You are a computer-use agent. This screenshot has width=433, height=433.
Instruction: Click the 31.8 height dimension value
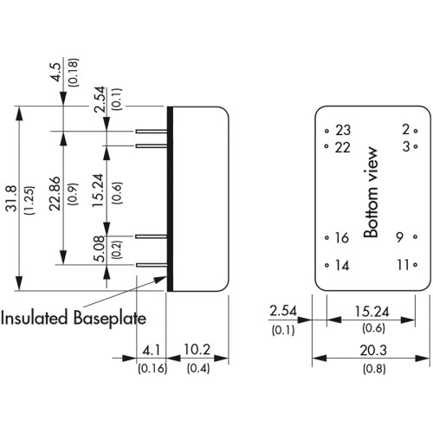(x=12, y=199)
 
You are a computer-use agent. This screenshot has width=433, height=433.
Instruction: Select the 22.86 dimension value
(x=55, y=194)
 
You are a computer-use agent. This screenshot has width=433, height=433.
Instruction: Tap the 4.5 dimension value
(x=55, y=73)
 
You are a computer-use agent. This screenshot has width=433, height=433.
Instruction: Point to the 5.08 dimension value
(x=100, y=249)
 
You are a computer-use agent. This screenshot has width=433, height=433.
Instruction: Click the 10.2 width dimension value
(x=197, y=350)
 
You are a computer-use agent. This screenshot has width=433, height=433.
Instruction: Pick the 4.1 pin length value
(x=152, y=351)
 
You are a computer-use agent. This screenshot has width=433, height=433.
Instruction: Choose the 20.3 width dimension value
(x=373, y=351)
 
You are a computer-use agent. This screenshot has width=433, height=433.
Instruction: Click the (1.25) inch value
(x=30, y=200)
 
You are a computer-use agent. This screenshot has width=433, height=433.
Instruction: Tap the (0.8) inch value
(x=374, y=369)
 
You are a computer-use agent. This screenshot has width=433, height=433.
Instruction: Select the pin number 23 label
(x=343, y=131)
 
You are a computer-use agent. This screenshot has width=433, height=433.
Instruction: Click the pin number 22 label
(x=343, y=147)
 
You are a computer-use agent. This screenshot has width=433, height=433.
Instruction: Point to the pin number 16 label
(x=342, y=238)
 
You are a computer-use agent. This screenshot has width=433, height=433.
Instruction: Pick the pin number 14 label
(x=342, y=265)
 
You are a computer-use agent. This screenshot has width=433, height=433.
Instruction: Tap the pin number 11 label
(x=404, y=265)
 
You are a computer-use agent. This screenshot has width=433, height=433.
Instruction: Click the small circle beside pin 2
(x=416, y=131)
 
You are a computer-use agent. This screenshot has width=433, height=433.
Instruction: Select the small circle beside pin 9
(x=415, y=237)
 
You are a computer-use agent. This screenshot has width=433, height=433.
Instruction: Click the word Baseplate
(x=109, y=319)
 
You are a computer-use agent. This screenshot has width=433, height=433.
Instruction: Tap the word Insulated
(x=35, y=318)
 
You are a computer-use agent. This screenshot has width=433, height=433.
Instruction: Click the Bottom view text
(x=371, y=192)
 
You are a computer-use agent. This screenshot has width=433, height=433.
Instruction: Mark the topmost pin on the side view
(x=152, y=132)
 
